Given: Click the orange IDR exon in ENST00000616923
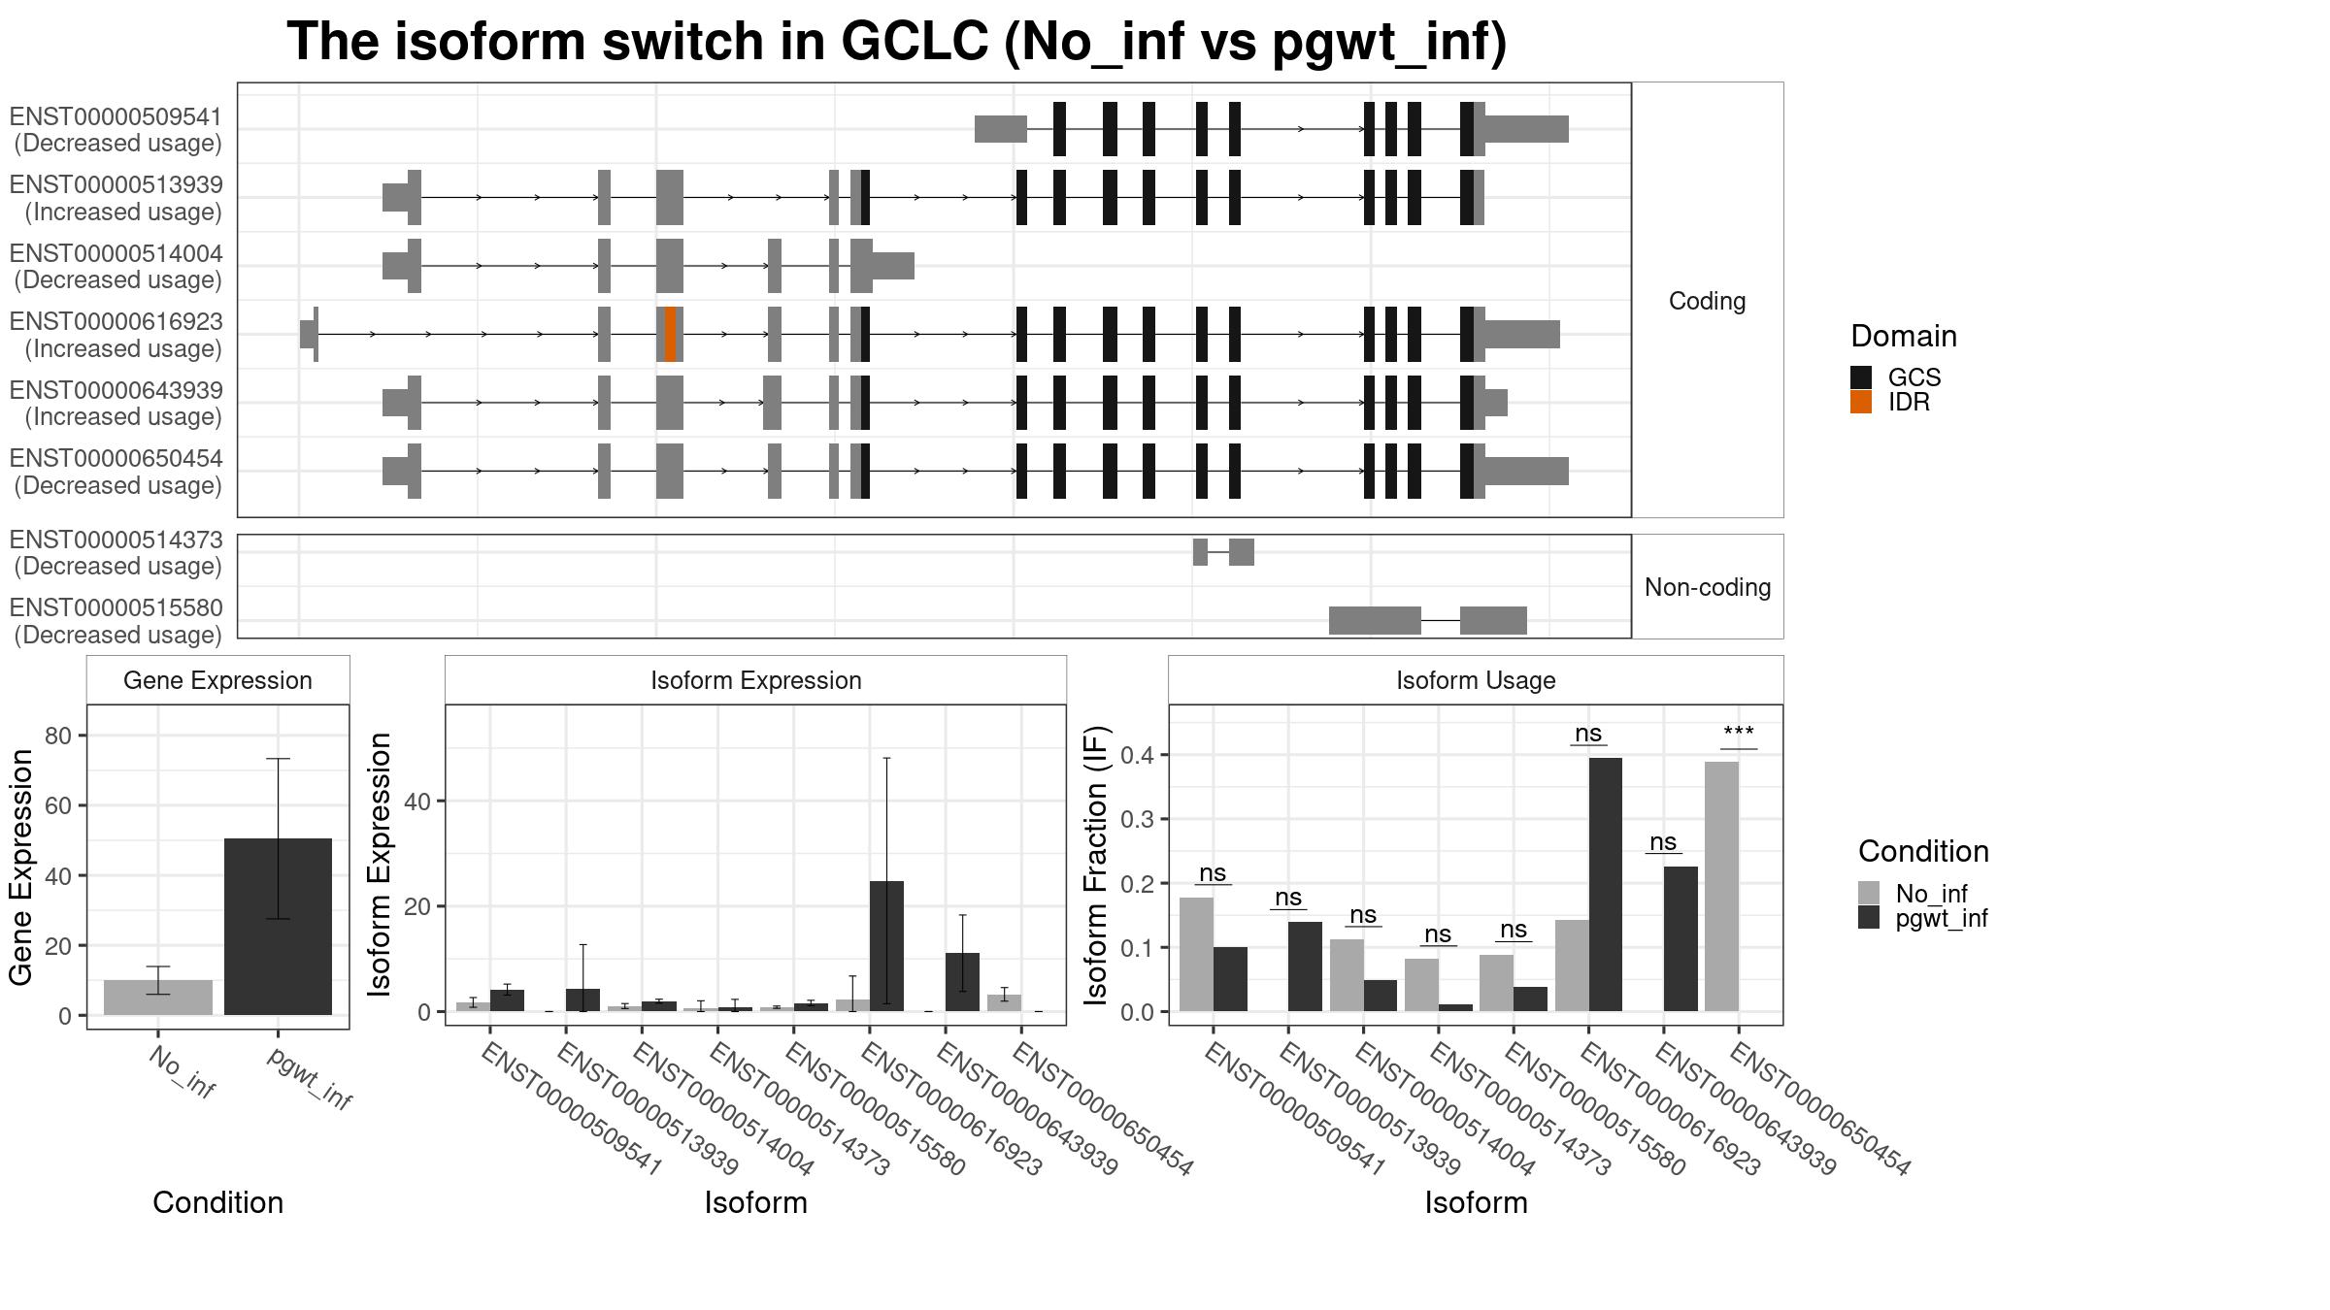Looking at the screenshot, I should (671, 334).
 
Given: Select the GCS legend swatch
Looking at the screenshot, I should (1860, 377).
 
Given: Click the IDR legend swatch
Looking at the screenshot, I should (1860, 403).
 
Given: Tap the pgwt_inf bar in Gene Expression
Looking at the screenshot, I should (278, 927).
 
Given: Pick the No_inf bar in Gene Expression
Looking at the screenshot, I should (158, 998).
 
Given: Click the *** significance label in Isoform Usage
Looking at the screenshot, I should (1738, 734).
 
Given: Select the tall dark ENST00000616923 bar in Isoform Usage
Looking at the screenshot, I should (1606, 884).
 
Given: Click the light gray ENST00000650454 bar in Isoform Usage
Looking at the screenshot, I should (1721, 886).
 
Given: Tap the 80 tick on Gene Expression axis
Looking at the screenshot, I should (59, 736).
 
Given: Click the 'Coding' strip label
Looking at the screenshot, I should (1707, 301).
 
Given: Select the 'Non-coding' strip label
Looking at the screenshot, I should (1707, 587).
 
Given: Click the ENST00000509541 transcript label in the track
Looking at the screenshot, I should (116, 130).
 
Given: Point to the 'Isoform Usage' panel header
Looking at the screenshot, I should (1475, 680).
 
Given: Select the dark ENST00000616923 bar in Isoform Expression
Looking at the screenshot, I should (886, 945).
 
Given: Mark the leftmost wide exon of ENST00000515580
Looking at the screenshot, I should (1374, 620).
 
